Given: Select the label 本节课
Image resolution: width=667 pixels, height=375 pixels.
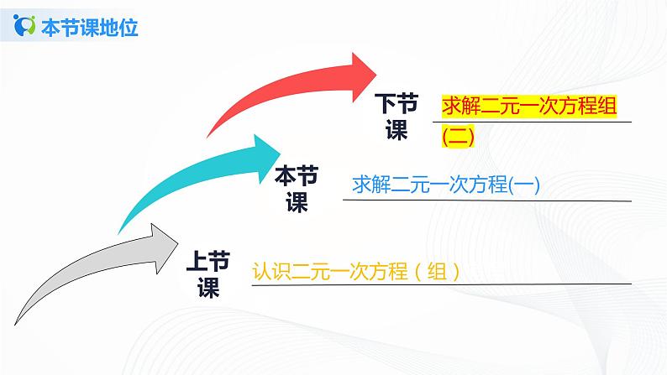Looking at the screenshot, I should tap(297, 188).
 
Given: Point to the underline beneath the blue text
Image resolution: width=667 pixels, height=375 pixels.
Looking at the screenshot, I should tap(487, 201).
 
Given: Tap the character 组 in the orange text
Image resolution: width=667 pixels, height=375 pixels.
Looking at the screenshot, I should tap(433, 272).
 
